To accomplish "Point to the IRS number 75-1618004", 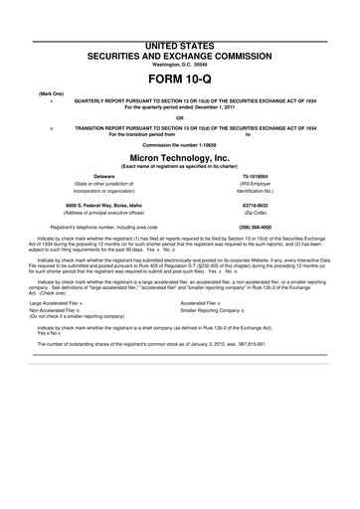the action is click(x=256, y=175).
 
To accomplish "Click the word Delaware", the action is click(x=104, y=175).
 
